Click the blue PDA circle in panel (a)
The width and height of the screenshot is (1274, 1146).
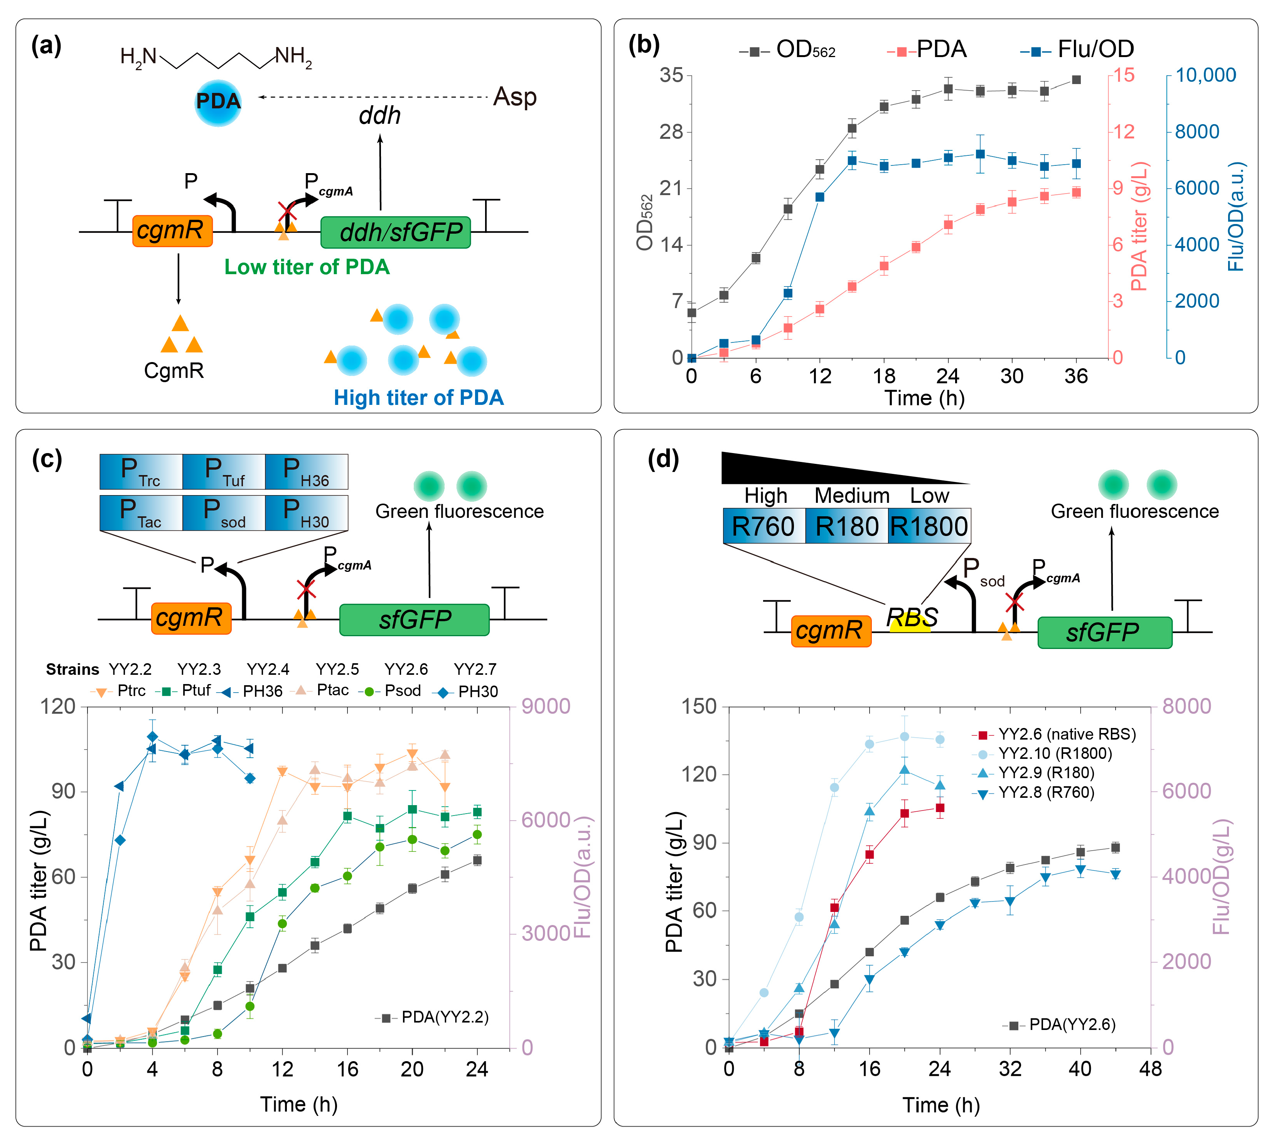[218, 102]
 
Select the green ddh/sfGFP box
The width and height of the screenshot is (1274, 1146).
[396, 233]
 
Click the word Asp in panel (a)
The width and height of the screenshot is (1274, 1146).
[514, 97]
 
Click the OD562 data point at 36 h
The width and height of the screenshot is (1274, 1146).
[1076, 80]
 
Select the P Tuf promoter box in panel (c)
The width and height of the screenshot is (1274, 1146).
[224, 472]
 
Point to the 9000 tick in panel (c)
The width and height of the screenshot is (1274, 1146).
[545, 706]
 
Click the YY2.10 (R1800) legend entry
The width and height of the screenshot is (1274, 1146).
[1055, 754]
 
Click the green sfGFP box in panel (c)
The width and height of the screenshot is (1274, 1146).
[415, 620]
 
